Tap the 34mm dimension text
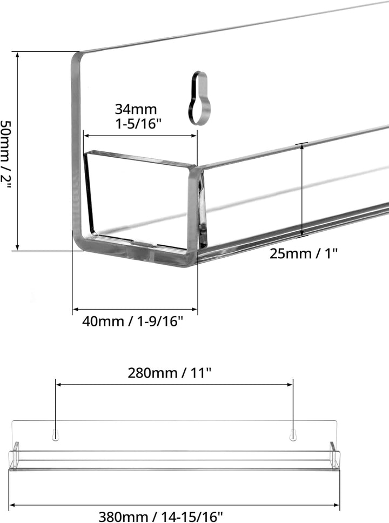(136, 109)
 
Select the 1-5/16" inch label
(138, 124)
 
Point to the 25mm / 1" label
(304, 253)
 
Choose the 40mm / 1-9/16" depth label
(133, 321)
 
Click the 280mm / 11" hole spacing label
(170, 373)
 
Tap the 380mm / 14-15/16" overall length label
(160, 517)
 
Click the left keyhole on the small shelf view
(56, 435)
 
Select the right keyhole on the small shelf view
(293, 435)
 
